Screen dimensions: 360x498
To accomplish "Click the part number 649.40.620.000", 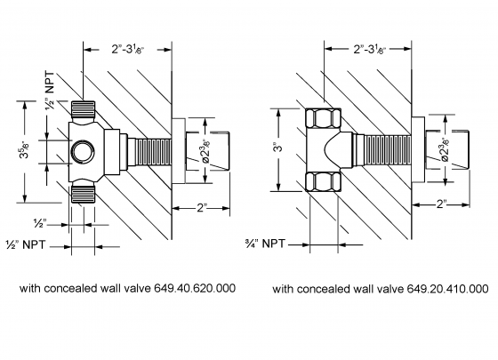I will (190, 288).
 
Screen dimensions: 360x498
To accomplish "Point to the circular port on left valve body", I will (82, 148).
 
